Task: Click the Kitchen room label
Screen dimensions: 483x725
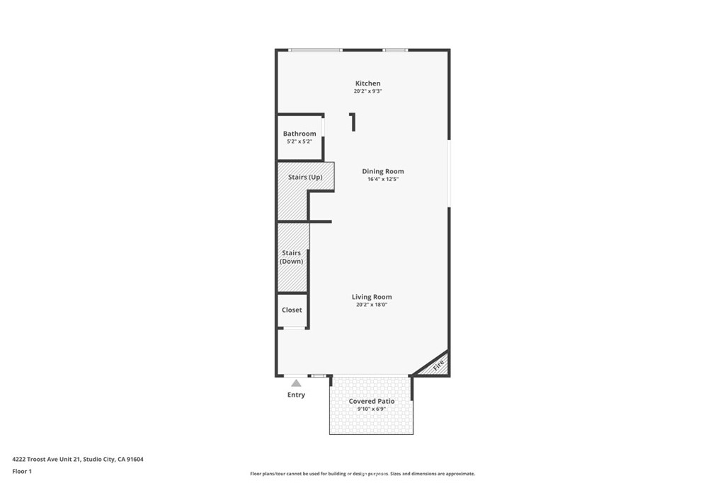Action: pos(367,83)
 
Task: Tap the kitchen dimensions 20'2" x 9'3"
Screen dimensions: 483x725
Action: pos(367,91)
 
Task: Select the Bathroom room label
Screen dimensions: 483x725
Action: pos(299,134)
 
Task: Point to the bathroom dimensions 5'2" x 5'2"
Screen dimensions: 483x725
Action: pos(299,141)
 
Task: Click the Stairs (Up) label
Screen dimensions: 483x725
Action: pos(305,177)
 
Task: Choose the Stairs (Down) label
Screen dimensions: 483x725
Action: pos(292,257)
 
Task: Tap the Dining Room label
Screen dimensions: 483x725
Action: pos(383,171)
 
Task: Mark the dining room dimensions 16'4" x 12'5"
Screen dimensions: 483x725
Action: pos(383,179)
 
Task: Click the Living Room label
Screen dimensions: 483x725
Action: pos(372,297)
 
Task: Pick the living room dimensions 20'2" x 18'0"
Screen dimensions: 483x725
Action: pos(372,305)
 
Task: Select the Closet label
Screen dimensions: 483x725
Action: pos(292,310)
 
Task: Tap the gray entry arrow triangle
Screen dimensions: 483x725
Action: pos(296,383)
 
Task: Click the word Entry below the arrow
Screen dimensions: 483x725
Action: pos(296,395)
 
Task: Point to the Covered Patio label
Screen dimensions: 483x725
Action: pos(372,401)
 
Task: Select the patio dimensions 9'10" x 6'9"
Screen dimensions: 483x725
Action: pos(372,409)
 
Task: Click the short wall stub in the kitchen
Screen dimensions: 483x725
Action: pos(353,122)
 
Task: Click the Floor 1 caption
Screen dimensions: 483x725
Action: pos(22,471)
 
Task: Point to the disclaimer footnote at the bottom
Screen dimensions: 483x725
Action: pos(362,474)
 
